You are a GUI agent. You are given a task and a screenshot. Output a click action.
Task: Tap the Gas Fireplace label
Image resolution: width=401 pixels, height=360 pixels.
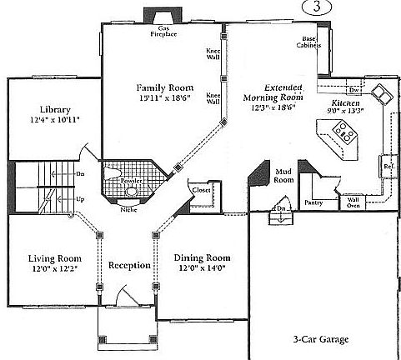[163, 32]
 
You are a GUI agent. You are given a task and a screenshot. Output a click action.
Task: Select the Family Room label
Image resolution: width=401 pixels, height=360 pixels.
[166, 87]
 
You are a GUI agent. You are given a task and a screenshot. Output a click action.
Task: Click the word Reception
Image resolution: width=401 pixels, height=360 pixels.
[129, 266]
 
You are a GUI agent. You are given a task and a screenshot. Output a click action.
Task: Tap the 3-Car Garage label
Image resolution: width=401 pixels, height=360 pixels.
[321, 340]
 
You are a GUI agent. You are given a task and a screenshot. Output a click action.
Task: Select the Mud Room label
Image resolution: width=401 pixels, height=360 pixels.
[284, 175]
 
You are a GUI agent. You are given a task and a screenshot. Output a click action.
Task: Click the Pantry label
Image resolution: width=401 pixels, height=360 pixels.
[314, 202]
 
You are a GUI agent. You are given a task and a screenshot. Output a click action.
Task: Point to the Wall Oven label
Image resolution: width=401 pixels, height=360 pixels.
[353, 202]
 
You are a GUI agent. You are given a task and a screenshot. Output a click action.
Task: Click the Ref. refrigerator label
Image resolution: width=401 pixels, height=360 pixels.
[388, 165]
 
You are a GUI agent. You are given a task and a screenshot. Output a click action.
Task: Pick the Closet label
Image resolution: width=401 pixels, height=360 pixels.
[201, 189]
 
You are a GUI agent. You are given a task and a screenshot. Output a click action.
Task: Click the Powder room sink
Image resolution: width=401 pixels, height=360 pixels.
[132, 191]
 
